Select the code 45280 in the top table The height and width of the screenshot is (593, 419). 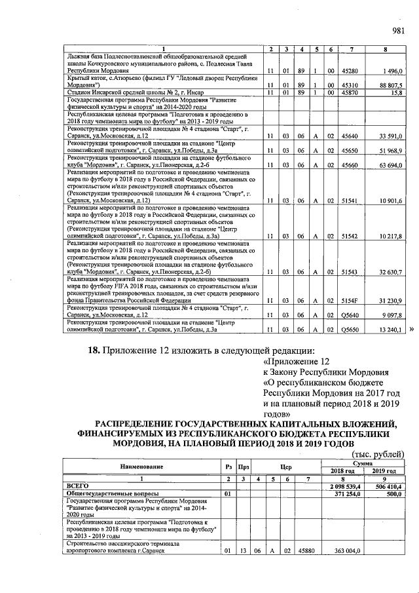coord(352,70)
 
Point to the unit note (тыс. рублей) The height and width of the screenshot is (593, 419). coord(378,454)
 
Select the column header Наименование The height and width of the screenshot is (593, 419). coord(141,467)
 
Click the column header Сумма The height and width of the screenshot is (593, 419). coord(363,463)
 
